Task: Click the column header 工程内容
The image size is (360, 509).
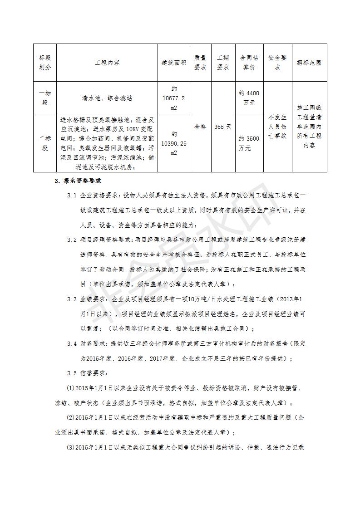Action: coord(107,63)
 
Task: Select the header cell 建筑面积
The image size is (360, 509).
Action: coord(174,63)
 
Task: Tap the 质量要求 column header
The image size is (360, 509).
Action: coord(200,63)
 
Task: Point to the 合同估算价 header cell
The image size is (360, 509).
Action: coord(249,63)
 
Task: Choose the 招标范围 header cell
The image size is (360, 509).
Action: coord(309,63)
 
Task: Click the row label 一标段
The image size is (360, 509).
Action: coord(45,98)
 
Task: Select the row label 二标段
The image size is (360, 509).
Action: coord(45,143)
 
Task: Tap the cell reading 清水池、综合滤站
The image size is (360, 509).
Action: coord(107,98)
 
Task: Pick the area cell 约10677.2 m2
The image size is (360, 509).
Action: coord(174,98)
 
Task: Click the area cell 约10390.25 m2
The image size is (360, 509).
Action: coord(174,143)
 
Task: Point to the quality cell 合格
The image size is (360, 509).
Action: coord(200,127)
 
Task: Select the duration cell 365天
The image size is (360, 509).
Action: coord(222,127)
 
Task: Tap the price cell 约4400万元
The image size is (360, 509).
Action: coord(249,98)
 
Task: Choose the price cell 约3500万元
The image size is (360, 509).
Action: coord(249,143)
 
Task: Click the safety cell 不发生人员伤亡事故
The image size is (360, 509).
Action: coord(277,127)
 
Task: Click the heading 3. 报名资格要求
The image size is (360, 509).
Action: coord(78,181)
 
